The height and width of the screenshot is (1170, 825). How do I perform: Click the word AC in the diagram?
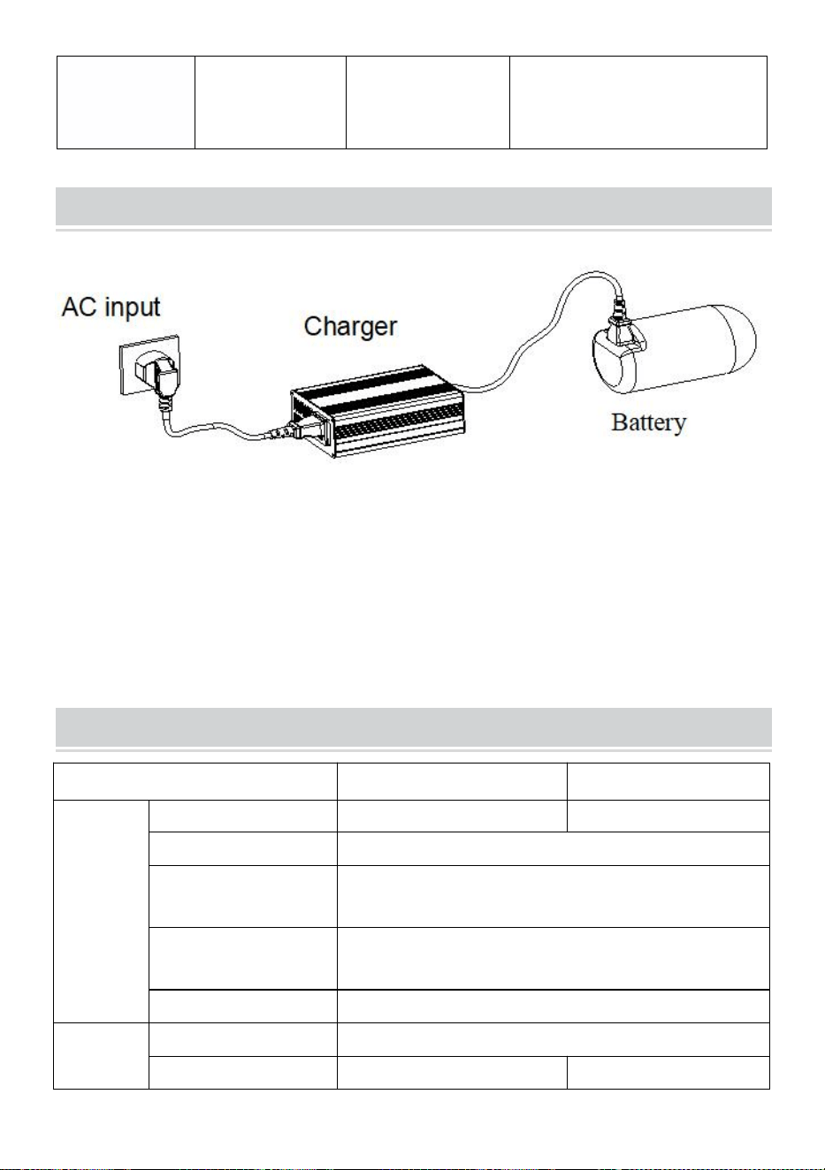tap(79, 307)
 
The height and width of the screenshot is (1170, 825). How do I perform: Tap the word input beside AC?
tap(133, 308)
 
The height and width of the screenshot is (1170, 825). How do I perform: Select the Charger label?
tap(350, 327)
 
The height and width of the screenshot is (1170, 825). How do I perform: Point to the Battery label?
tap(648, 423)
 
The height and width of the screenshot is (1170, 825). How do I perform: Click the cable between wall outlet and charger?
tap(219, 429)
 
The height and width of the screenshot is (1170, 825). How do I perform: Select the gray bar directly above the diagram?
tap(414, 206)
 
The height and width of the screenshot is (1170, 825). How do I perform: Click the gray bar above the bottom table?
tap(414, 727)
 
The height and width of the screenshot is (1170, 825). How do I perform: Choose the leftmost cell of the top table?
tap(126, 103)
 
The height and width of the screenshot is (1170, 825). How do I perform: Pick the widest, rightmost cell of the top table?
tap(638, 103)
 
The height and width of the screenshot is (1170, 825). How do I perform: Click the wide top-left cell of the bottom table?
tap(195, 781)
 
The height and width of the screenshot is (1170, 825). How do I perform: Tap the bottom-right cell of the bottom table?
tap(668, 1072)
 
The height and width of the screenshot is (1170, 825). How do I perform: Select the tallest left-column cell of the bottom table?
tap(101, 911)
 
